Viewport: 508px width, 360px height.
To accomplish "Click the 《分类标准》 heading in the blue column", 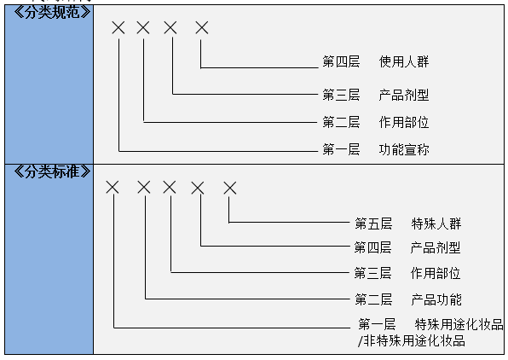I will coord(49,170).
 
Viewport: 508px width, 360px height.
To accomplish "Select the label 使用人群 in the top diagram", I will coord(404,62).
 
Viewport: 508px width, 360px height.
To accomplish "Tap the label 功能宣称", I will coord(404,150).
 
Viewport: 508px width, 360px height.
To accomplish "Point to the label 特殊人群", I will coord(436,224).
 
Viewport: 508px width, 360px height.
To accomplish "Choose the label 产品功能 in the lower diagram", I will coord(436,299).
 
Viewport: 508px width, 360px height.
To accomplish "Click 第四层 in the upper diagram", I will coord(340,62).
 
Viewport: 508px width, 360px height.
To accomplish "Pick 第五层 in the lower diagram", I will coord(372,224).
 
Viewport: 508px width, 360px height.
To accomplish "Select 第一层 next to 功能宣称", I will coord(340,150).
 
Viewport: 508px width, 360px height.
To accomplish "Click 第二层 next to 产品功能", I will coord(372,299).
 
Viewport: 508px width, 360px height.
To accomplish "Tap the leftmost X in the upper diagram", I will coord(118,28).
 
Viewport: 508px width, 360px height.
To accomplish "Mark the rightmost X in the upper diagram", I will coord(201,28).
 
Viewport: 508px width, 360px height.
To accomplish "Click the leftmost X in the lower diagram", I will coord(113,187).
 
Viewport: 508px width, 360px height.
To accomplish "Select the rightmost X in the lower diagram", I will coord(229,187).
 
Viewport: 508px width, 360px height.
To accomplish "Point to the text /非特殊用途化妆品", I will coord(412,340).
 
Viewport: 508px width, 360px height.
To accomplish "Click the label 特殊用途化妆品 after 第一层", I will coord(459,324).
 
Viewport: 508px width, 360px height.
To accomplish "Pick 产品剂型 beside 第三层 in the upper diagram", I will coord(404,94).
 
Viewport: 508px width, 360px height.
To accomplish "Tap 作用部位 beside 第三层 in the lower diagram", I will coord(436,274).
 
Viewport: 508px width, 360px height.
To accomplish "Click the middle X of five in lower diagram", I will coord(170,187).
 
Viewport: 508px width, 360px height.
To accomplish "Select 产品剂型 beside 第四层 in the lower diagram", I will coord(436,248).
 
